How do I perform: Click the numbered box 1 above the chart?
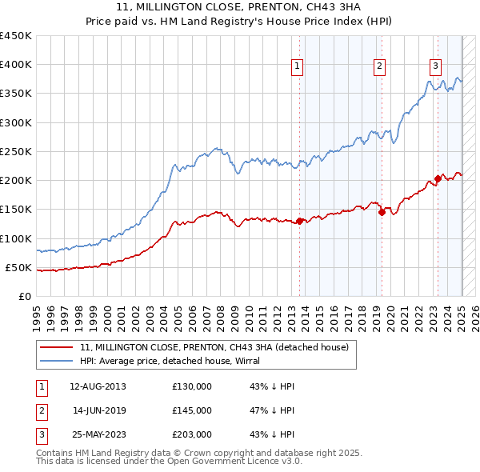tap(297, 66)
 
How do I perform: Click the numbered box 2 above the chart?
tap(379, 66)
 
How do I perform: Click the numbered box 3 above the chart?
tap(435, 66)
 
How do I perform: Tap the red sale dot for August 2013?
tap(299, 221)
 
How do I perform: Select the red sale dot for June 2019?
tap(382, 212)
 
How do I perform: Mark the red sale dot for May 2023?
tap(438, 178)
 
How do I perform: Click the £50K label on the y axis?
tap(19, 267)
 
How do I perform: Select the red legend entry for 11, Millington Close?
tap(214, 348)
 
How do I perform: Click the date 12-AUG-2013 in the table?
tap(98, 386)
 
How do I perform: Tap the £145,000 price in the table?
tap(192, 410)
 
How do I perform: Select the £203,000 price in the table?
tap(192, 434)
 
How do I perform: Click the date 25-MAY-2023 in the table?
tap(98, 434)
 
